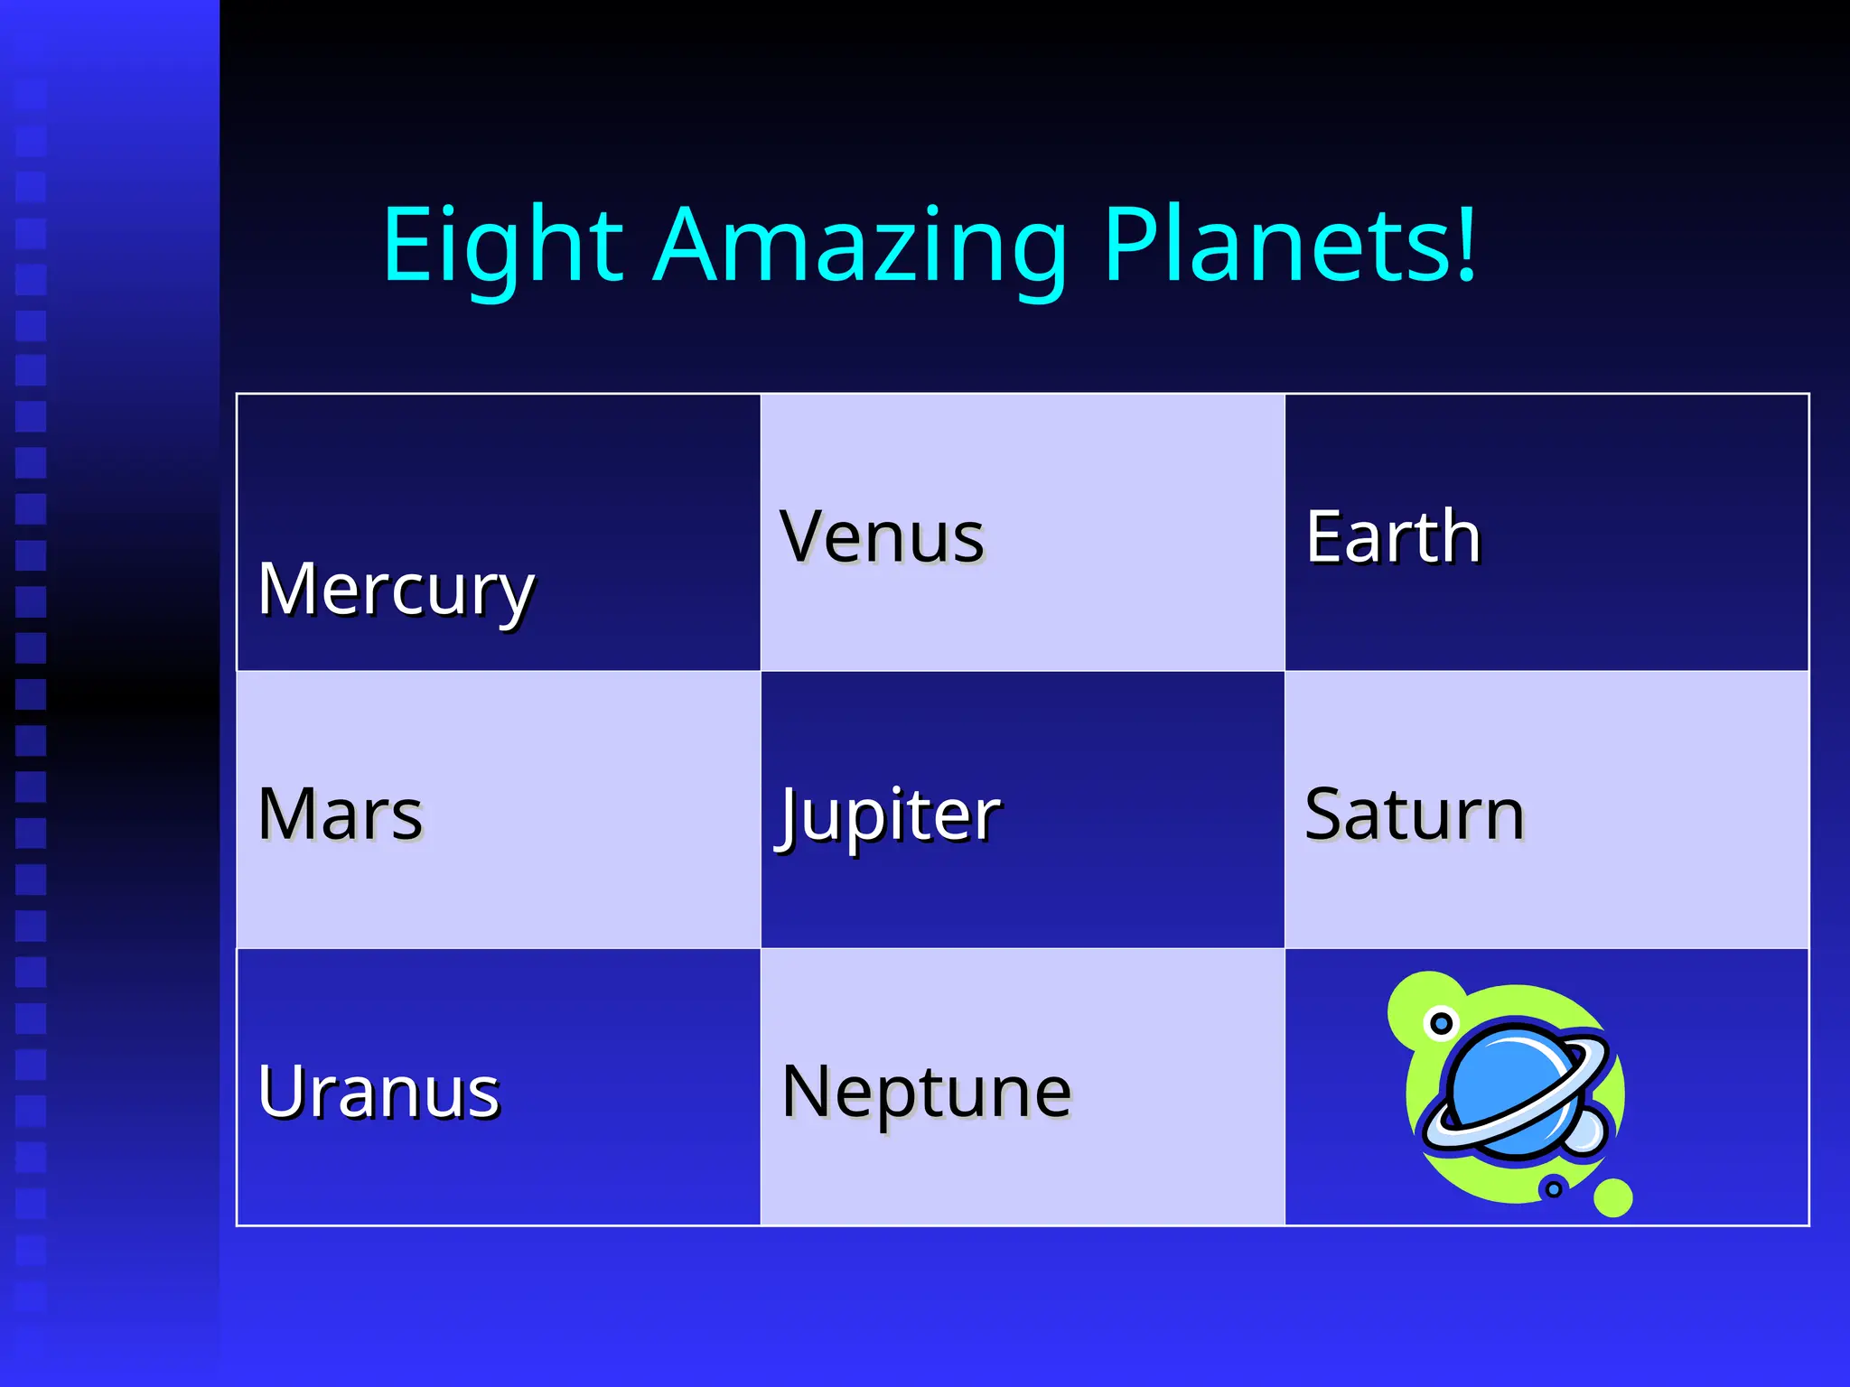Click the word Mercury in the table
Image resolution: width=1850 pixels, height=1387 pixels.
pyautogui.click(x=396, y=589)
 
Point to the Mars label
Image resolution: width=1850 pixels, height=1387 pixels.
pyautogui.click(x=340, y=814)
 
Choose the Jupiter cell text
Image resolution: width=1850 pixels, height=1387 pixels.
pyautogui.click(x=889, y=814)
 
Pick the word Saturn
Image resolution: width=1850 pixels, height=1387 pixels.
pyautogui.click(x=1415, y=814)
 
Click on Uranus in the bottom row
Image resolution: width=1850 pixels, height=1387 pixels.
pyautogui.click(x=378, y=1091)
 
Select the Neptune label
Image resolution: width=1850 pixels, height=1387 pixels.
pyautogui.click(x=926, y=1091)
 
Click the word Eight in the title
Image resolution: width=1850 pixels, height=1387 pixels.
pyautogui.click(x=502, y=246)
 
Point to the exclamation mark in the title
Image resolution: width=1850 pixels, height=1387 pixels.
pyautogui.click(x=1466, y=242)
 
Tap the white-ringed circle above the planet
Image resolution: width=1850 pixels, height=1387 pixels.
pyautogui.click(x=1441, y=1023)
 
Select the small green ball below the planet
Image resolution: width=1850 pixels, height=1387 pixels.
pyautogui.click(x=1612, y=1197)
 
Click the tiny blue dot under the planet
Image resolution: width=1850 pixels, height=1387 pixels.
pyautogui.click(x=1553, y=1188)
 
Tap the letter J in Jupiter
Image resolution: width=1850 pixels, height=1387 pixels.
pyautogui.click(x=788, y=816)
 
